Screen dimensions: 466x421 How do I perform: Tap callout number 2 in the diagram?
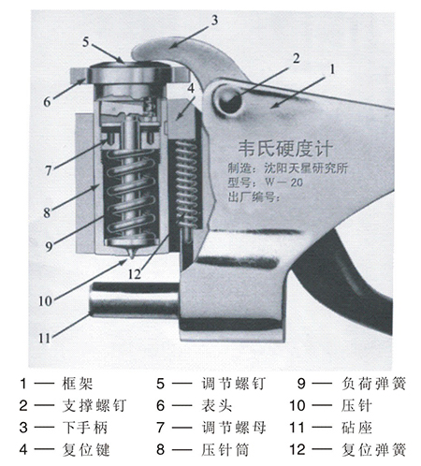[x=295, y=57]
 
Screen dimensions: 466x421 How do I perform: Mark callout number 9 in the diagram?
[x=48, y=247]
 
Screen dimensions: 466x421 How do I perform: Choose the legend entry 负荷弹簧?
[x=367, y=383]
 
